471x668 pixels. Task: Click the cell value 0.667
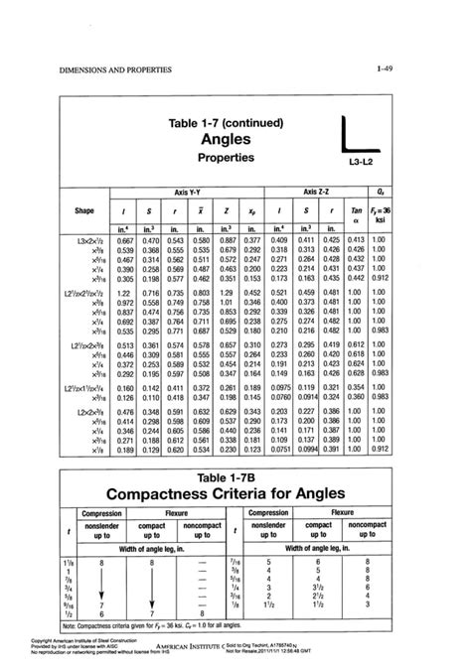tap(126, 241)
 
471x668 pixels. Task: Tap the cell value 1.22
tap(126, 294)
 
